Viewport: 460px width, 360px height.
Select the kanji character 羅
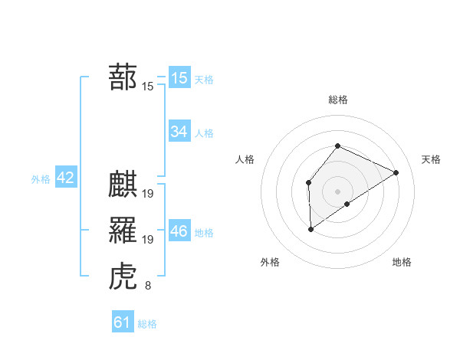(123, 230)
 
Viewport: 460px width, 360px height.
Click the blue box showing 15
(179, 77)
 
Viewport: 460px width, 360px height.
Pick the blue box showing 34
(179, 132)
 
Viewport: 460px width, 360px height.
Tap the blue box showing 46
(179, 231)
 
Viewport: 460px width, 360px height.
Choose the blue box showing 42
(65, 178)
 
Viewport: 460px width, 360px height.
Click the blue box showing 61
(122, 322)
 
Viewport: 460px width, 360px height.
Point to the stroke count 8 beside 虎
(147, 286)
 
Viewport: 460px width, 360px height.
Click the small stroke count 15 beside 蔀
(147, 87)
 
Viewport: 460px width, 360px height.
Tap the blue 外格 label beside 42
(41, 179)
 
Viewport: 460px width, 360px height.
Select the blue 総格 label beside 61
(147, 324)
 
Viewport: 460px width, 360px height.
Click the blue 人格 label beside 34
(204, 133)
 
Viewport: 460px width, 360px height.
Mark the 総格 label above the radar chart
(337, 100)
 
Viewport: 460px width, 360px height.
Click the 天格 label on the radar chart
(431, 159)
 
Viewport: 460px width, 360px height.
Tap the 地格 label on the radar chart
(402, 262)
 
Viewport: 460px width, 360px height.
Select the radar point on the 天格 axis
(396, 172)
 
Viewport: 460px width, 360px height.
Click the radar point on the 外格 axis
(310, 228)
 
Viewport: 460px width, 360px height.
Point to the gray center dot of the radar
(337, 191)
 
